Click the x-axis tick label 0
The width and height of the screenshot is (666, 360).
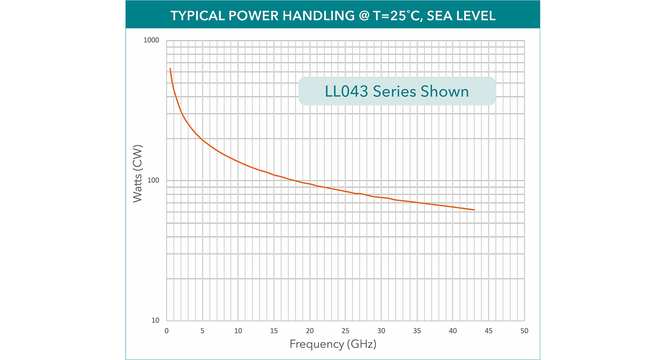pyautogui.click(x=166, y=331)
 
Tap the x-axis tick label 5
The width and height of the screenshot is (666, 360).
pyautogui.click(x=202, y=331)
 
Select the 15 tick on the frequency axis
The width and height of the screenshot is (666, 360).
pyautogui.click(x=274, y=331)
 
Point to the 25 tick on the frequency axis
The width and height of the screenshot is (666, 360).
pyautogui.click(x=345, y=331)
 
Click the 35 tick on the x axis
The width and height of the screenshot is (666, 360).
pyautogui.click(x=417, y=331)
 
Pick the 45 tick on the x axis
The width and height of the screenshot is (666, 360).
pyautogui.click(x=488, y=331)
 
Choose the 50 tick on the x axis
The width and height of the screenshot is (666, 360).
pyautogui.click(x=524, y=331)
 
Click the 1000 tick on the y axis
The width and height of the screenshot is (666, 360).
pyautogui.click(x=151, y=41)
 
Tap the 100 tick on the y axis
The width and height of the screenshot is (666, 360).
pyautogui.click(x=153, y=181)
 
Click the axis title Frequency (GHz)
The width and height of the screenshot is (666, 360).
pyautogui.click(x=333, y=344)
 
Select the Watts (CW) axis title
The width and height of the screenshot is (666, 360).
pyautogui.click(x=138, y=174)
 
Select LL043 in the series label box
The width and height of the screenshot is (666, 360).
pyautogui.click(x=347, y=91)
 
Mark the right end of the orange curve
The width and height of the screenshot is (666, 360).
pyautogui.click(x=475, y=210)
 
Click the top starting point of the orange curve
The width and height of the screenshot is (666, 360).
pyautogui.click(x=170, y=68)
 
